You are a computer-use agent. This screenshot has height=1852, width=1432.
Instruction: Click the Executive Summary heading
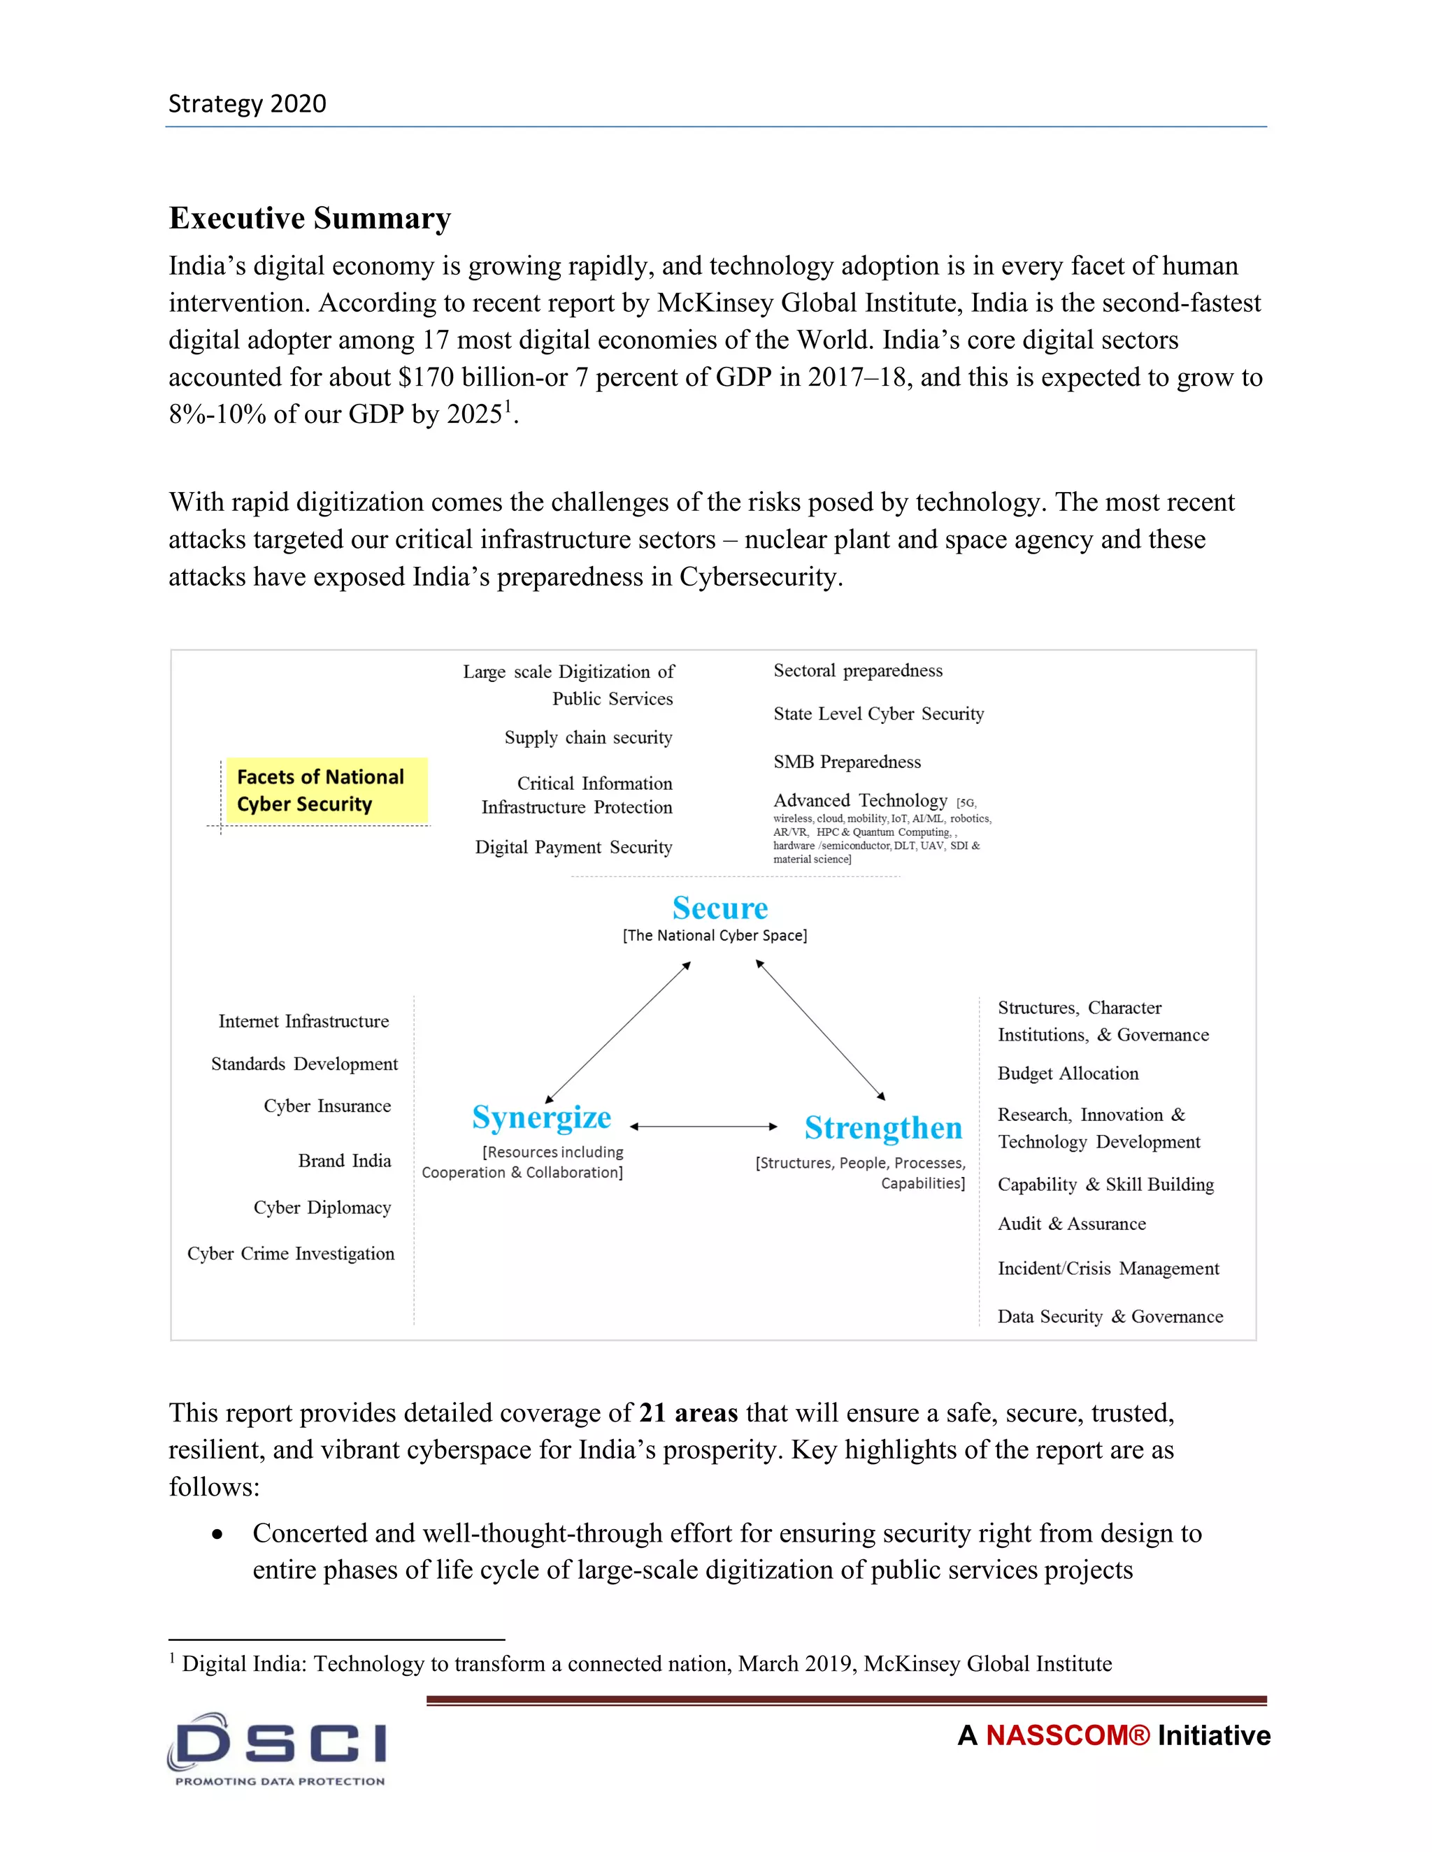click(310, 218)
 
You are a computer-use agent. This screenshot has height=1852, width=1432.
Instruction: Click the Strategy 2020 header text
click(247, 103)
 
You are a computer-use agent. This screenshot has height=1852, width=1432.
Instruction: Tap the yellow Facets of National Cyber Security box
click(326, 790)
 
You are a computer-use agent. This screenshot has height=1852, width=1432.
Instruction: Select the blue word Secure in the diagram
click(719, 909)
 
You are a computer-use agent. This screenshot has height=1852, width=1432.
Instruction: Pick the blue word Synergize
click(541, 1117)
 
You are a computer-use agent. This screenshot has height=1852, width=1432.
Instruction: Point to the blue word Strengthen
click(883, 1128)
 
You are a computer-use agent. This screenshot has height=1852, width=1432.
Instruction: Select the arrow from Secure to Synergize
click(617, 1032)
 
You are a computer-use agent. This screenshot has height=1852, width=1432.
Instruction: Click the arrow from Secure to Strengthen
click(820, 1030)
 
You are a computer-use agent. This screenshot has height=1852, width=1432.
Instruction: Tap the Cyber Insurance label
click(327, 1106)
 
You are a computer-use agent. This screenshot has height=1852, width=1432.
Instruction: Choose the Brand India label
click(345, 1161)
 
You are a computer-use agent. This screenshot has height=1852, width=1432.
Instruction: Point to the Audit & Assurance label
click(1071, 1224)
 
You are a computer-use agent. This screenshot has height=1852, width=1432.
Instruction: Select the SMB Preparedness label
click(847, 762)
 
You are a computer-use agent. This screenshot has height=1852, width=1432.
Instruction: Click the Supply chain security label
click(588, 738)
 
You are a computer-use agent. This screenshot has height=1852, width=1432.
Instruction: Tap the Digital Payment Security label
click(573, 847)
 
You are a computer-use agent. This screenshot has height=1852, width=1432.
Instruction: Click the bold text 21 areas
click(688, 1412)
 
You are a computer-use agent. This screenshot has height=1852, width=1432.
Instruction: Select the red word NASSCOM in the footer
click(1066, 1736)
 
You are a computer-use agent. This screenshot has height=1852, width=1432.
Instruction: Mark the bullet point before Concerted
click(218, 1535)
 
